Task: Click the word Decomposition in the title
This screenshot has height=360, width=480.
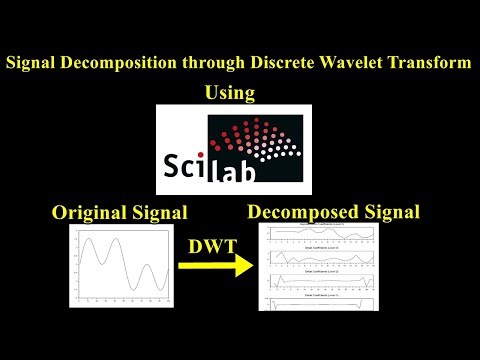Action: pos(117,63)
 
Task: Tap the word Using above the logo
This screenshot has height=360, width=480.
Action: pos(230,93)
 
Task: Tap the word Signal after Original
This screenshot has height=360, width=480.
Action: pos(161,214)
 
